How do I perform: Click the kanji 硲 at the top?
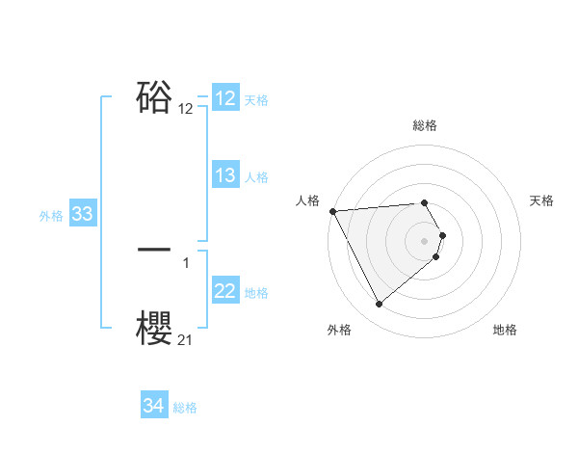(x=155, y=97)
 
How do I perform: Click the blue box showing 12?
(x=225, y=98)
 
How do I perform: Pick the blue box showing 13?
(x=225, y=175)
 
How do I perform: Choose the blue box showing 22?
(x=225, y=291)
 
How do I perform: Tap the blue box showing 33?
(x=82, y=214)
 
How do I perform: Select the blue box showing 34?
(x=154, y=407)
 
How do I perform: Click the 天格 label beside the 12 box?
(x=256, y=99)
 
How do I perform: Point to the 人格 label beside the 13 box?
(x=256, y=176)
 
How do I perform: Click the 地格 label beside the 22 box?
(x=256, y=292)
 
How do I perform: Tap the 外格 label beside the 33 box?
(x=51, y=215)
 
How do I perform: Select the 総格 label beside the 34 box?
(x=185, y=408)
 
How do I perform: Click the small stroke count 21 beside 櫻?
(x=186, y=339)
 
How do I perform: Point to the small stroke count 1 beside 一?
(x=186, y=261)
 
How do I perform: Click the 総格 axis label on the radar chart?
(x=425, y=125)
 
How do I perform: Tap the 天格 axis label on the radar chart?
(x=541, y=200)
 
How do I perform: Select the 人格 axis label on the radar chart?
(x=307, y=200)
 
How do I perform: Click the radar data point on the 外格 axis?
(x=379, y=305)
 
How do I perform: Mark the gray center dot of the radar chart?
(x=425, y=239)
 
